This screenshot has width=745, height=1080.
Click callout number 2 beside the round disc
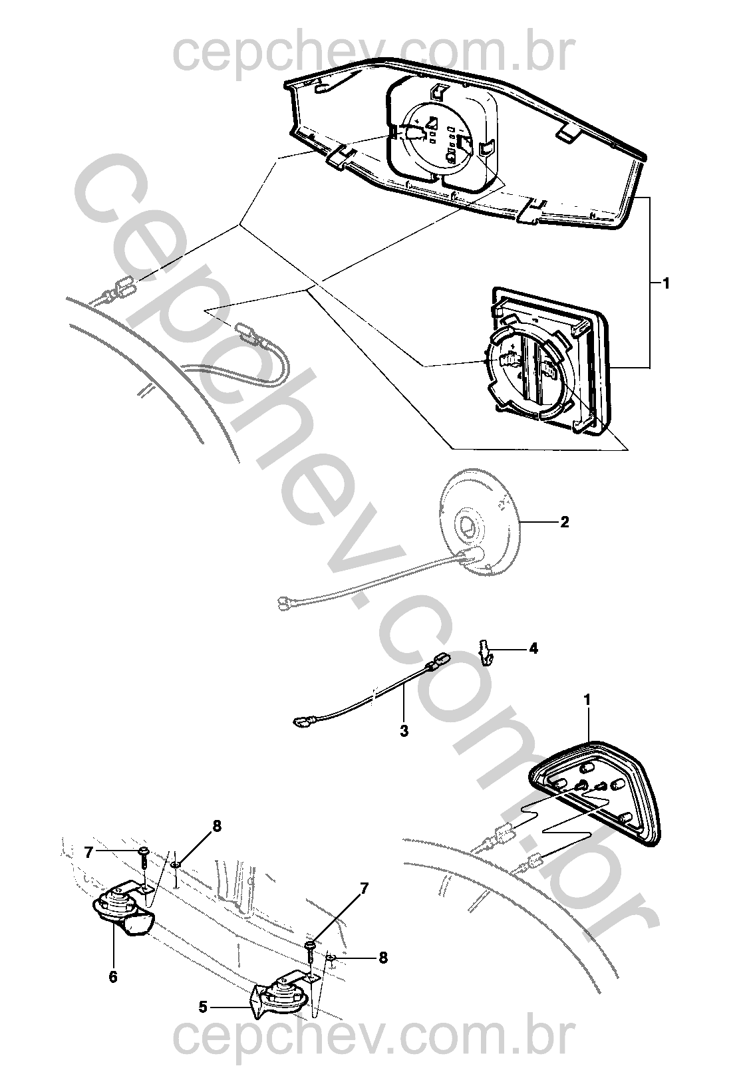point(564,521)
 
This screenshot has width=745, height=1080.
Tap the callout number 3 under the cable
point(404,732)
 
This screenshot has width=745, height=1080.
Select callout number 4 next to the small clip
point(533,648)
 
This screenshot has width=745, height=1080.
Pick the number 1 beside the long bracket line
point(666,283)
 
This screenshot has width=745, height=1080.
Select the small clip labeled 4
point(486,652)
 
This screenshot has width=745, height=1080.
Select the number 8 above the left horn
point(217,825)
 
